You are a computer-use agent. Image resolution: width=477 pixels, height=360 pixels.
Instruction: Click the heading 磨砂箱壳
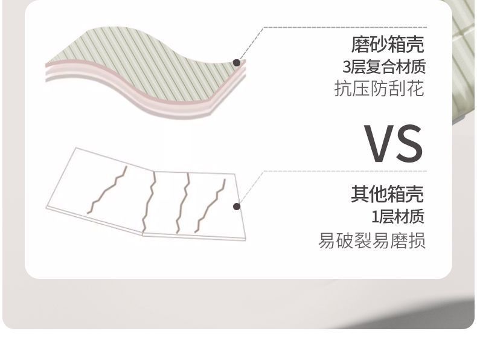388,44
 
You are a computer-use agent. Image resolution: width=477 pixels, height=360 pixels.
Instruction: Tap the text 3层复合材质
383,66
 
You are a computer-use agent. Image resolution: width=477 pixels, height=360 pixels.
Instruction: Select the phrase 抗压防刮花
379,89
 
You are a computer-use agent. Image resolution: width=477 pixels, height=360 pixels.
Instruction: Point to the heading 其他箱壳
388,194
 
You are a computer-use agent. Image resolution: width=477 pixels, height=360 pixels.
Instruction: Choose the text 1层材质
398,216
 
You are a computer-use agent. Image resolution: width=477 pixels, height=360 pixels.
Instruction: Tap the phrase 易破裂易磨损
372,240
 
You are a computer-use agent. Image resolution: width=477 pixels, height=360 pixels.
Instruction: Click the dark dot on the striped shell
237,62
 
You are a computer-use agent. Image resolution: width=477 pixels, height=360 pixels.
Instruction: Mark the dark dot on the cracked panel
237,207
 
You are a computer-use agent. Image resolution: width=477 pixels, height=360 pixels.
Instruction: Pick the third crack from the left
183,202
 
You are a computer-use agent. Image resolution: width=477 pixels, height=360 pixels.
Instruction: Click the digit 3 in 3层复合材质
347,67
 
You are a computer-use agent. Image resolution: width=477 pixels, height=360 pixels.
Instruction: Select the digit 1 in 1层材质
374,216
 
